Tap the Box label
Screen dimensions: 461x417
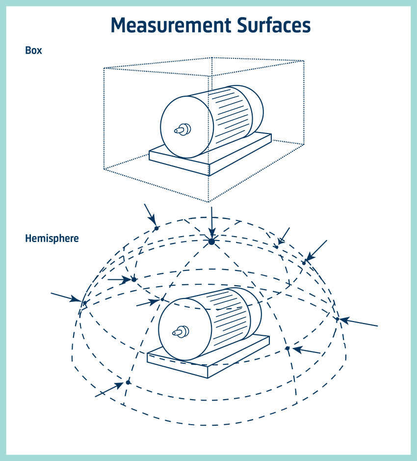coord(33,50)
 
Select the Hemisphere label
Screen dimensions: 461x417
coord(52,239)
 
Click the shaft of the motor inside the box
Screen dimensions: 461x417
coord(182,130)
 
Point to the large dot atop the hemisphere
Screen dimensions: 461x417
coord(211,242)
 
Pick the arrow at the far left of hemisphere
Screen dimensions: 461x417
coord(66,297)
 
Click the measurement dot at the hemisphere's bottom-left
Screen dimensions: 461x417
coord(128,382)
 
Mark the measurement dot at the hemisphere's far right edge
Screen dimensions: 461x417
coord(338,319)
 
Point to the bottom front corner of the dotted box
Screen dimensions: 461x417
coord(208,201)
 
